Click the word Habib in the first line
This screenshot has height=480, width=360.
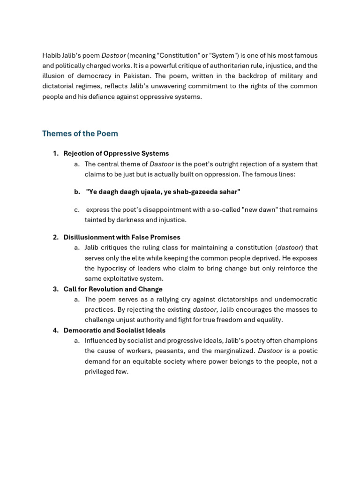point(51,55)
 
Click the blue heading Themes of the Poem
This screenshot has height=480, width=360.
point(80,134)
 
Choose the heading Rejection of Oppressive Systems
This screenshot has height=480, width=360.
point(116,153)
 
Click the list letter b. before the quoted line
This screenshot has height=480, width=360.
point(77,192)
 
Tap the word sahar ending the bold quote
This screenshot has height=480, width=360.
point(230,192)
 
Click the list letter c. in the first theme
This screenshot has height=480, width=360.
point(77,210)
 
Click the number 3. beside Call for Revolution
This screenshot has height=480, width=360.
point(56,289)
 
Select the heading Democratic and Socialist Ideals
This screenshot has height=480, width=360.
point(114,330)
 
